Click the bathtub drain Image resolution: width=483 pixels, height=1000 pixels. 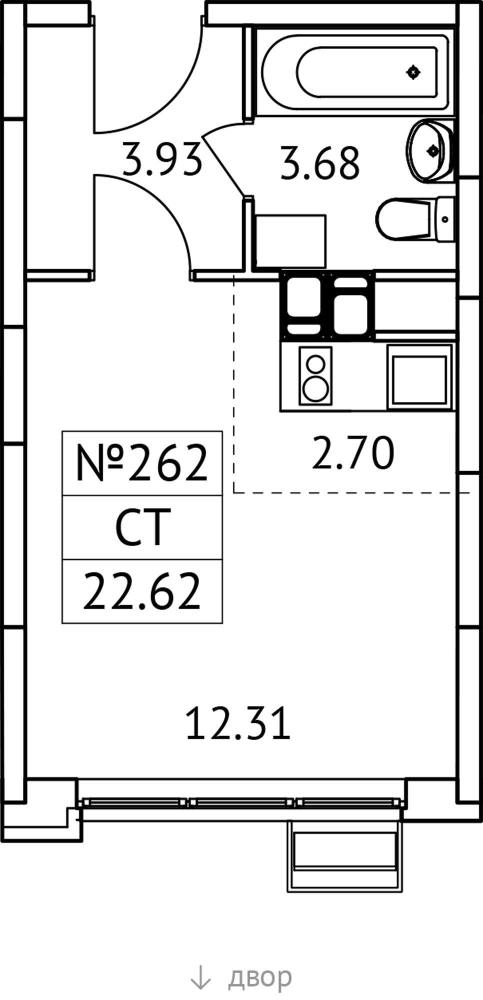pos(413,72)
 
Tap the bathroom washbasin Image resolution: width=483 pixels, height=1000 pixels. pos(429,150)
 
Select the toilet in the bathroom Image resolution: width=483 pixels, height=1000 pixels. pos(415,219)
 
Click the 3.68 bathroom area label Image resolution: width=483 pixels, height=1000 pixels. pos(319,163)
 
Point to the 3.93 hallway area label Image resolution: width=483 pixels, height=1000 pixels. pos(162,159)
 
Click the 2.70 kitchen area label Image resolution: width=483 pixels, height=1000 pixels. pos(352,452)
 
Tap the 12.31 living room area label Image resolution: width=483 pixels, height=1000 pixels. pos(238,723)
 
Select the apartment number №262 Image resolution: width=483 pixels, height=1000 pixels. pos(141,463)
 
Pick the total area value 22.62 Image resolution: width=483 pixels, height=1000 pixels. pos(141,591)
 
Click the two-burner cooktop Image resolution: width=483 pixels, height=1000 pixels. pos(315,375)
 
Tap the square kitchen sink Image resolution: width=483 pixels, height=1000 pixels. pos(419,375)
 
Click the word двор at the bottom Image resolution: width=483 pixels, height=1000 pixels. pos(260,976)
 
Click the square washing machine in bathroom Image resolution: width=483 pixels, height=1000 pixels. pos(290,241)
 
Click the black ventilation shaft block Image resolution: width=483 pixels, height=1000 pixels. pos(327,305)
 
